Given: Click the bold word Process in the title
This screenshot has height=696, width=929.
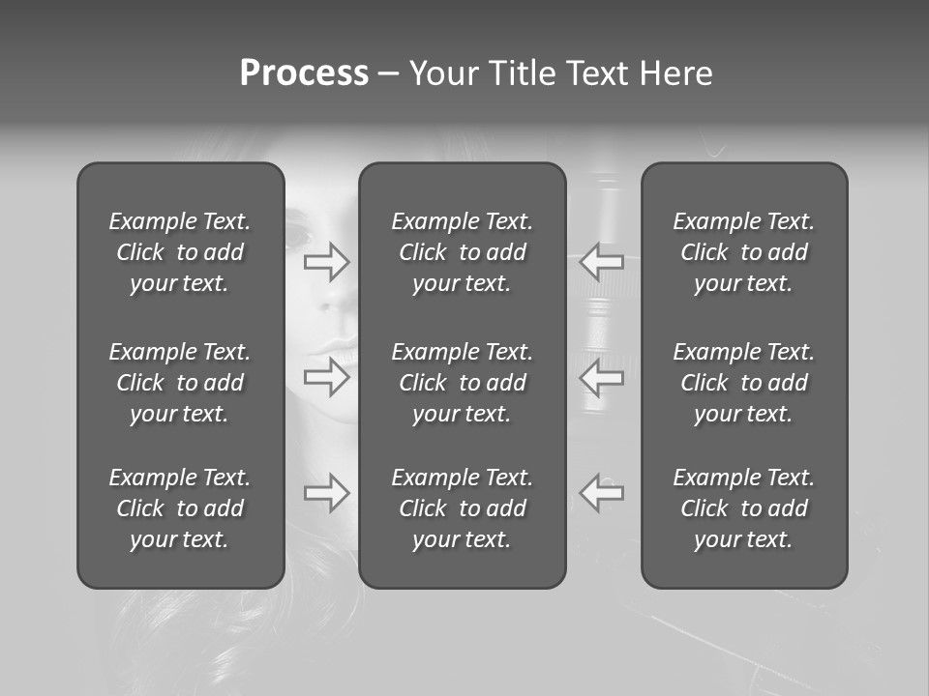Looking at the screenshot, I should [x=304, y=73].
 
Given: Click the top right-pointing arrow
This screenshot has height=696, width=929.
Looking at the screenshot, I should [x=327, y=261].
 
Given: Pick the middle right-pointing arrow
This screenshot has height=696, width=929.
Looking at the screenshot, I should [x=327, y=377].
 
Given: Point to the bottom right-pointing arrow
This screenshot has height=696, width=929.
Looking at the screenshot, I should [x=327, y=493].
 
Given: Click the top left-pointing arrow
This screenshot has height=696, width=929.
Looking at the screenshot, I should [x=601, y=261].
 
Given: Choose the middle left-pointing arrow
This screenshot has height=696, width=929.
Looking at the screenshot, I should [x=601, y=377].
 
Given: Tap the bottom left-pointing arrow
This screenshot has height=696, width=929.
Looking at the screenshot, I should [x=601, y=493].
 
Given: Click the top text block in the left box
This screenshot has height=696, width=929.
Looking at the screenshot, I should [x=180, y=252].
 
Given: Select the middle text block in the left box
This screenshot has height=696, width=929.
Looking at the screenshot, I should [x=180, y=383].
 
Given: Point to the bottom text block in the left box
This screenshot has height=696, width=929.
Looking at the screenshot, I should [x=180, y=508].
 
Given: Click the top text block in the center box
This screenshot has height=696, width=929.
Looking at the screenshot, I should [x=462, y=252].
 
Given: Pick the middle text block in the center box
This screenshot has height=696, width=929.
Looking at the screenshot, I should [x=462, y=383].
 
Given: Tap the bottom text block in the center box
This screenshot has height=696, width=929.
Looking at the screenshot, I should [x=462, y=508].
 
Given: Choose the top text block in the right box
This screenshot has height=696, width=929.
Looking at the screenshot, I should [x=743, y=252].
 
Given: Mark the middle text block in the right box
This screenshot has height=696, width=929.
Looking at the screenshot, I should [x=743, y=383].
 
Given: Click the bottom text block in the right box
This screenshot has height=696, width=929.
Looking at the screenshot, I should [x=743, y=508].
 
